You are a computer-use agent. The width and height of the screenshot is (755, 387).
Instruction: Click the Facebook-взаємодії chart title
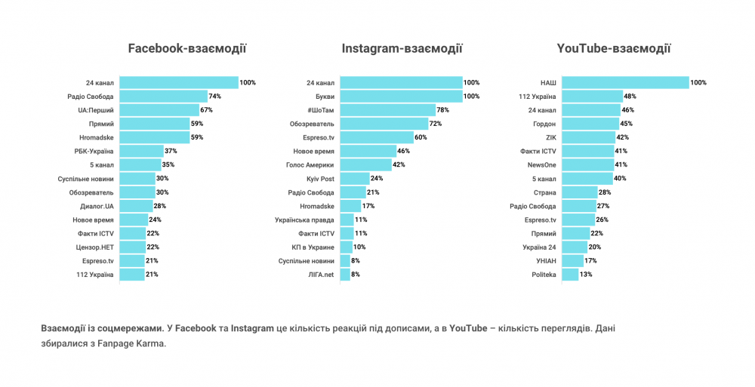[x=187, y=49]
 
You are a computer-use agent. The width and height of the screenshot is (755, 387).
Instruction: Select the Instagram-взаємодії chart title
[x=402, y=49]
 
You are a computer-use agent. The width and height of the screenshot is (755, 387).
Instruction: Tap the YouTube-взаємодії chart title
[x=613, y=49]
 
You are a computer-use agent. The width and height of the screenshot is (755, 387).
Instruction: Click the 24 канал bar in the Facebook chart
[x=179, y=82]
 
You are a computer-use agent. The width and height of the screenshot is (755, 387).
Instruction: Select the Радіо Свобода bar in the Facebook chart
[x=164, y=97]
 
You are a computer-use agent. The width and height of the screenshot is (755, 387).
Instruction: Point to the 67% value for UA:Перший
[x=206, y=110]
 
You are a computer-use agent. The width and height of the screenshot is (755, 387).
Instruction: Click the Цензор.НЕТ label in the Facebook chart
[x=96, y=247]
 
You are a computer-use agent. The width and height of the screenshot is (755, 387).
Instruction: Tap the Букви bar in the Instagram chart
[x=401, y=97]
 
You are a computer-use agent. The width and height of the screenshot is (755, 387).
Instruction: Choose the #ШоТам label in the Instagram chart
[x=321, y=110]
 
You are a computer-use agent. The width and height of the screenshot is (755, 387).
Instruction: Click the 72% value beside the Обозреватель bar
[x=435, y=124]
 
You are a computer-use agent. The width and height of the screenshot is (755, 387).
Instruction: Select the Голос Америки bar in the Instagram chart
[x=365, y=164]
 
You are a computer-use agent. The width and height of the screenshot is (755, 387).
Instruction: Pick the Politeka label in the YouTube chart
[x=544, y=275]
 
